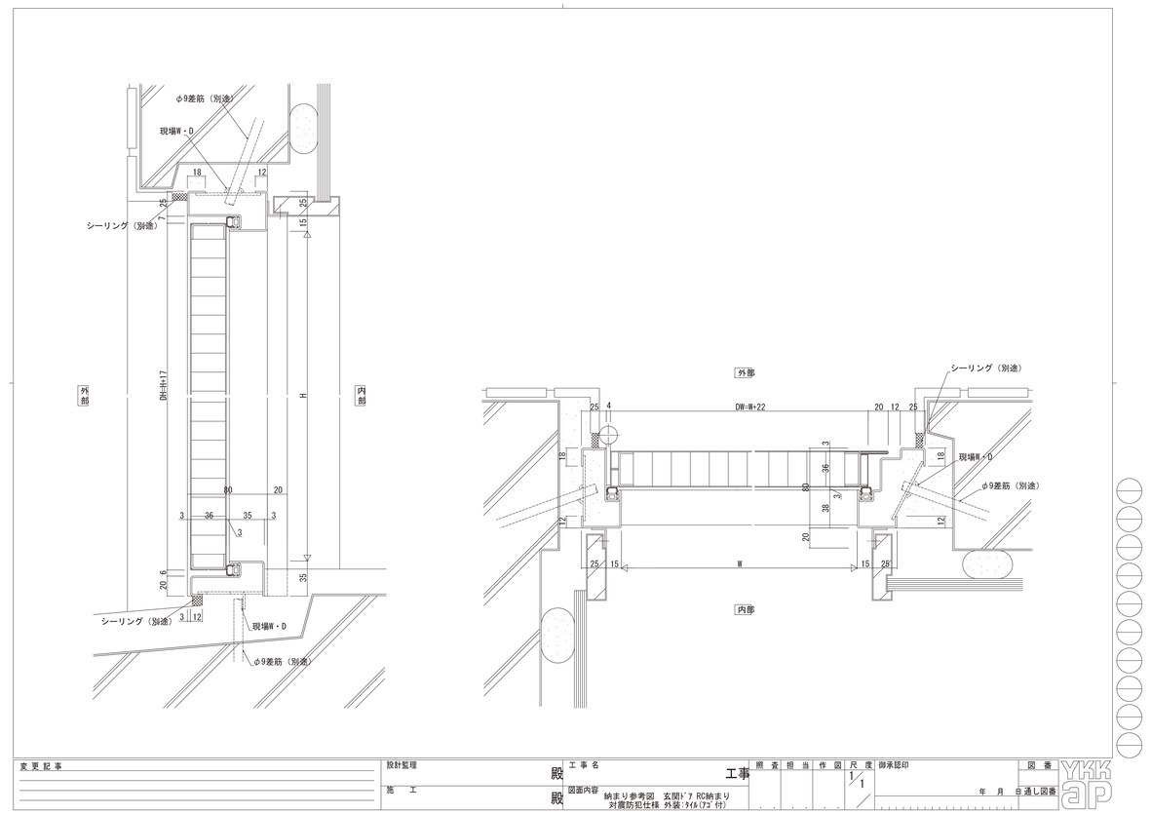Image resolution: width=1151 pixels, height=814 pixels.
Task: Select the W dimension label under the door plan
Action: click(741, 562)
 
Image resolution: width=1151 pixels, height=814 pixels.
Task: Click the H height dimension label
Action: click(303, 395)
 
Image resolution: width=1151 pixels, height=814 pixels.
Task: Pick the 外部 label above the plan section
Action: click(746, 373)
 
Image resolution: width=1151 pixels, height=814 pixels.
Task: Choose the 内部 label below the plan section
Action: click(746, 609)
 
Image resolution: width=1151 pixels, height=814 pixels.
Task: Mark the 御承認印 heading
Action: click(897, 766)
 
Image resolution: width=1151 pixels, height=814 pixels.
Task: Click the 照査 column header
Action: click(766, 766)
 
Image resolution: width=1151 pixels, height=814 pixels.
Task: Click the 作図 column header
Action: click(829, 766)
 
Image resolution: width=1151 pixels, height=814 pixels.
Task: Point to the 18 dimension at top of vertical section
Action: click(197, 172)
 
